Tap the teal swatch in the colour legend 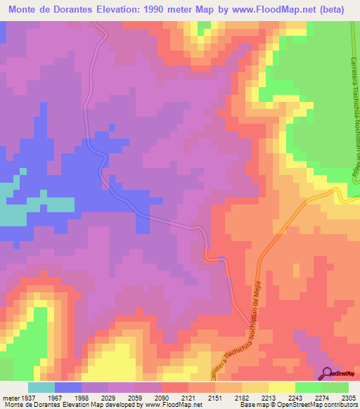pos(41,387)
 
